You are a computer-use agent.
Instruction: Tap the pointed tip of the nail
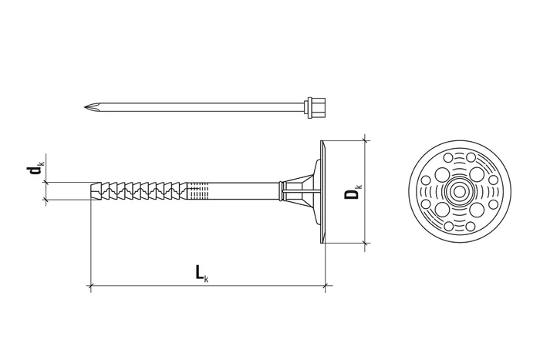point(85,106)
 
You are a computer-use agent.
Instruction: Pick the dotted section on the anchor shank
point(198,190)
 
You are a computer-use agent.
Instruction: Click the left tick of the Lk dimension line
point(91,288)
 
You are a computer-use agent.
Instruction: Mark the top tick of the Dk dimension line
point(366,140)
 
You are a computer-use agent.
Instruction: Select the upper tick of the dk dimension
point(44,182)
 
